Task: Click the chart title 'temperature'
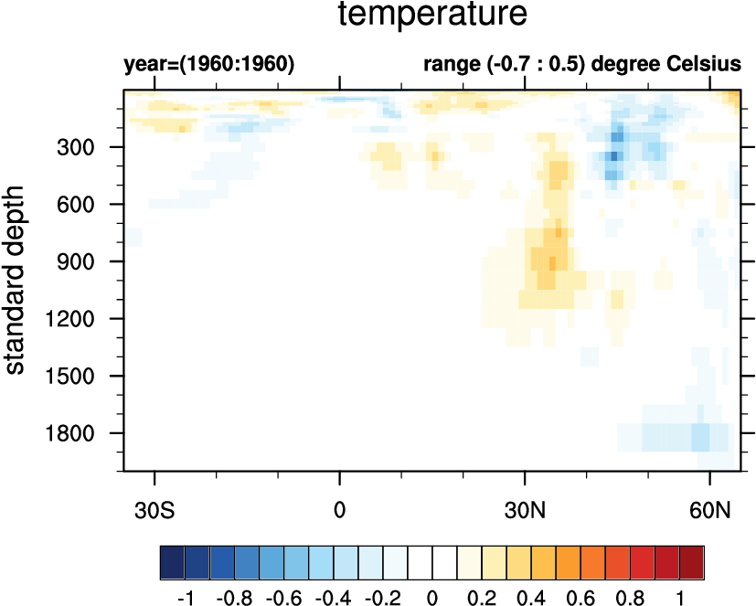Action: click(x=432, y=16)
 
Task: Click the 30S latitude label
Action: click(x=154, y=507)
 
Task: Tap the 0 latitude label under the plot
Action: click(x=340, y=507)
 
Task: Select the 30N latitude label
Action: click(x=525, y=507)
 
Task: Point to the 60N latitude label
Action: click(x=710, y=507)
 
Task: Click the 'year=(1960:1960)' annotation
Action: click(x=208, y=66)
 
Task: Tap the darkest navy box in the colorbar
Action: click(x=172, y=558)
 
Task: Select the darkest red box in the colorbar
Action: click(x=692, y=558)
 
